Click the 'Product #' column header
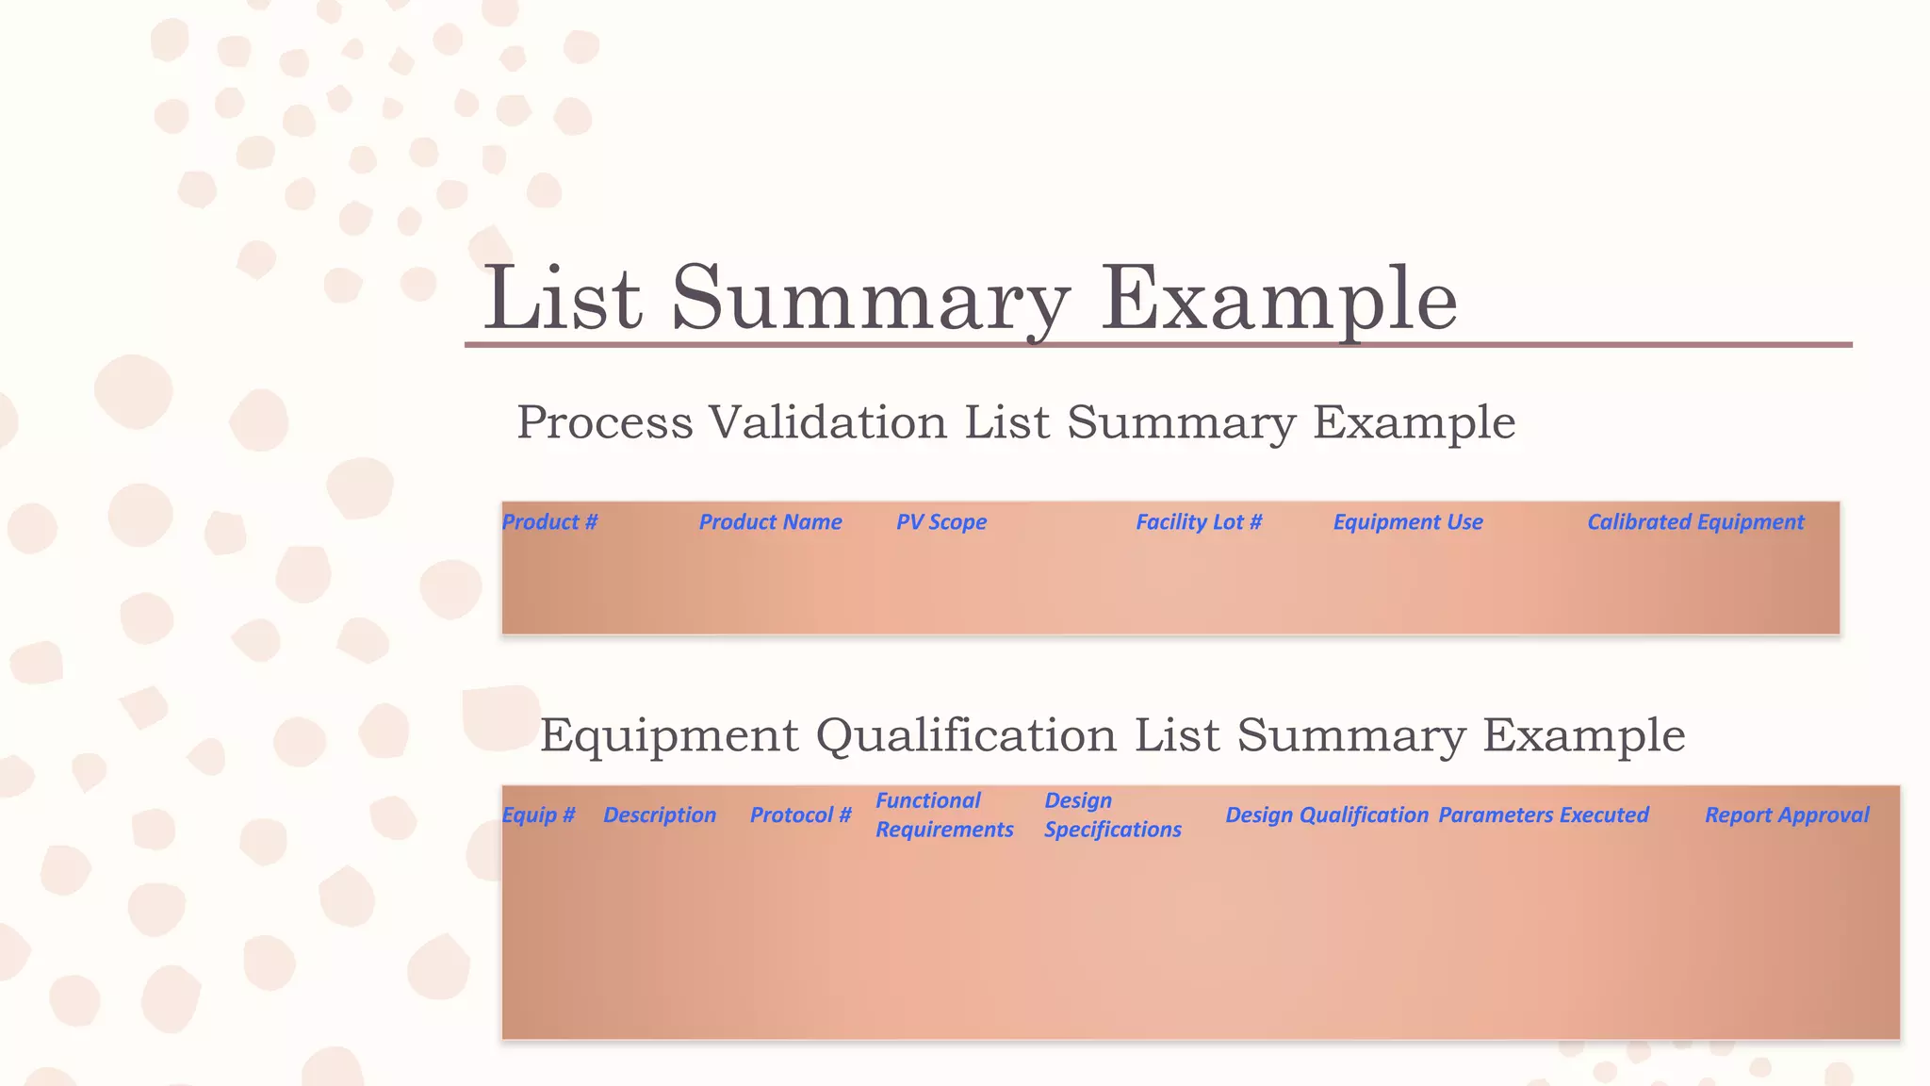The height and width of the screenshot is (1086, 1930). coord(549,522)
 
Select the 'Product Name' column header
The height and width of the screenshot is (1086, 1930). coord(770,522)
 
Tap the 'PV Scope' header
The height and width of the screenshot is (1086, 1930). coord(940,522)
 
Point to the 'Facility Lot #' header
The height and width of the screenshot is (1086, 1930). coord(1198,522)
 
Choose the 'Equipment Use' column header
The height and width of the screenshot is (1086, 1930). coord(1407,522)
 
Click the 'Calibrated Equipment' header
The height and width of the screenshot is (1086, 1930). coord(1694,522)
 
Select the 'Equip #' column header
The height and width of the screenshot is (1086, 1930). coord(538,815)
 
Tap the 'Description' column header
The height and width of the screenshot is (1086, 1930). coord(659,815)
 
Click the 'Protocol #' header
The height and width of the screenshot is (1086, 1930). coord(800,815)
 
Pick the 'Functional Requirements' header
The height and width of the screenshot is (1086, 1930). coord(943,815)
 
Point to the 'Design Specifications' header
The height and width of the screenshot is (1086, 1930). coord(1112,815)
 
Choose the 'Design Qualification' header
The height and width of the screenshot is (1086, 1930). coord(1326,815)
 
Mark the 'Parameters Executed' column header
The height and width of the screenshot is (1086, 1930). coord(1543,815)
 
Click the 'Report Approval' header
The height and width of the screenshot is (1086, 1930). coord(1786,815)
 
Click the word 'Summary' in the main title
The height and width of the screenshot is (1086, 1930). coord(870,300)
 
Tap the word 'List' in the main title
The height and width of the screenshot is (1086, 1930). coord(563,300)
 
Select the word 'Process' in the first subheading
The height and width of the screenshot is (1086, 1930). coord(604,422)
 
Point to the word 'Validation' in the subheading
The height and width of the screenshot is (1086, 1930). coord(827,422)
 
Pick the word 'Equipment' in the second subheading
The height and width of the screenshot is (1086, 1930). coord(669,735)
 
